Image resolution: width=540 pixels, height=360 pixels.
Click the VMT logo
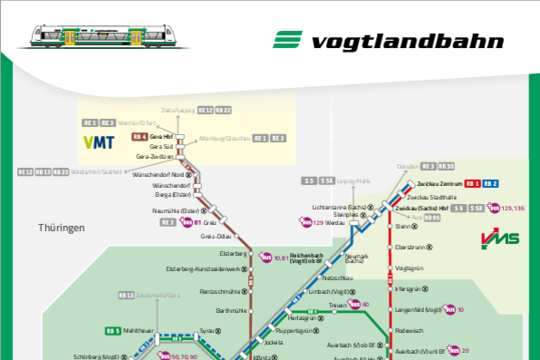coord(100,142)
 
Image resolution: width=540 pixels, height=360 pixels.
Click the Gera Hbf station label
coord(161,136)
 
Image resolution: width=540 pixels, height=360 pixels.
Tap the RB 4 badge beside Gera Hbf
coord(139,136)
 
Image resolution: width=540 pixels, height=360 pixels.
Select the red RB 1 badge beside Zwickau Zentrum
coord(472,184)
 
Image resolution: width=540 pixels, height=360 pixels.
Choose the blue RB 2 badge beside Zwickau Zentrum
coord(491,184)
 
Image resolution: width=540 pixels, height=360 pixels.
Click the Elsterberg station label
coord(233,253)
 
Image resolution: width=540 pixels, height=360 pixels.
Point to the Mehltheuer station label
coord(142,331)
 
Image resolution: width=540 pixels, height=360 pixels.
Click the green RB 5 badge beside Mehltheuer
coord(112,331)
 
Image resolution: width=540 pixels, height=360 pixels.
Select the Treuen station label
coord(339,305)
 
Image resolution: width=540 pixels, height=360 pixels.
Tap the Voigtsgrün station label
coord(410,268)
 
